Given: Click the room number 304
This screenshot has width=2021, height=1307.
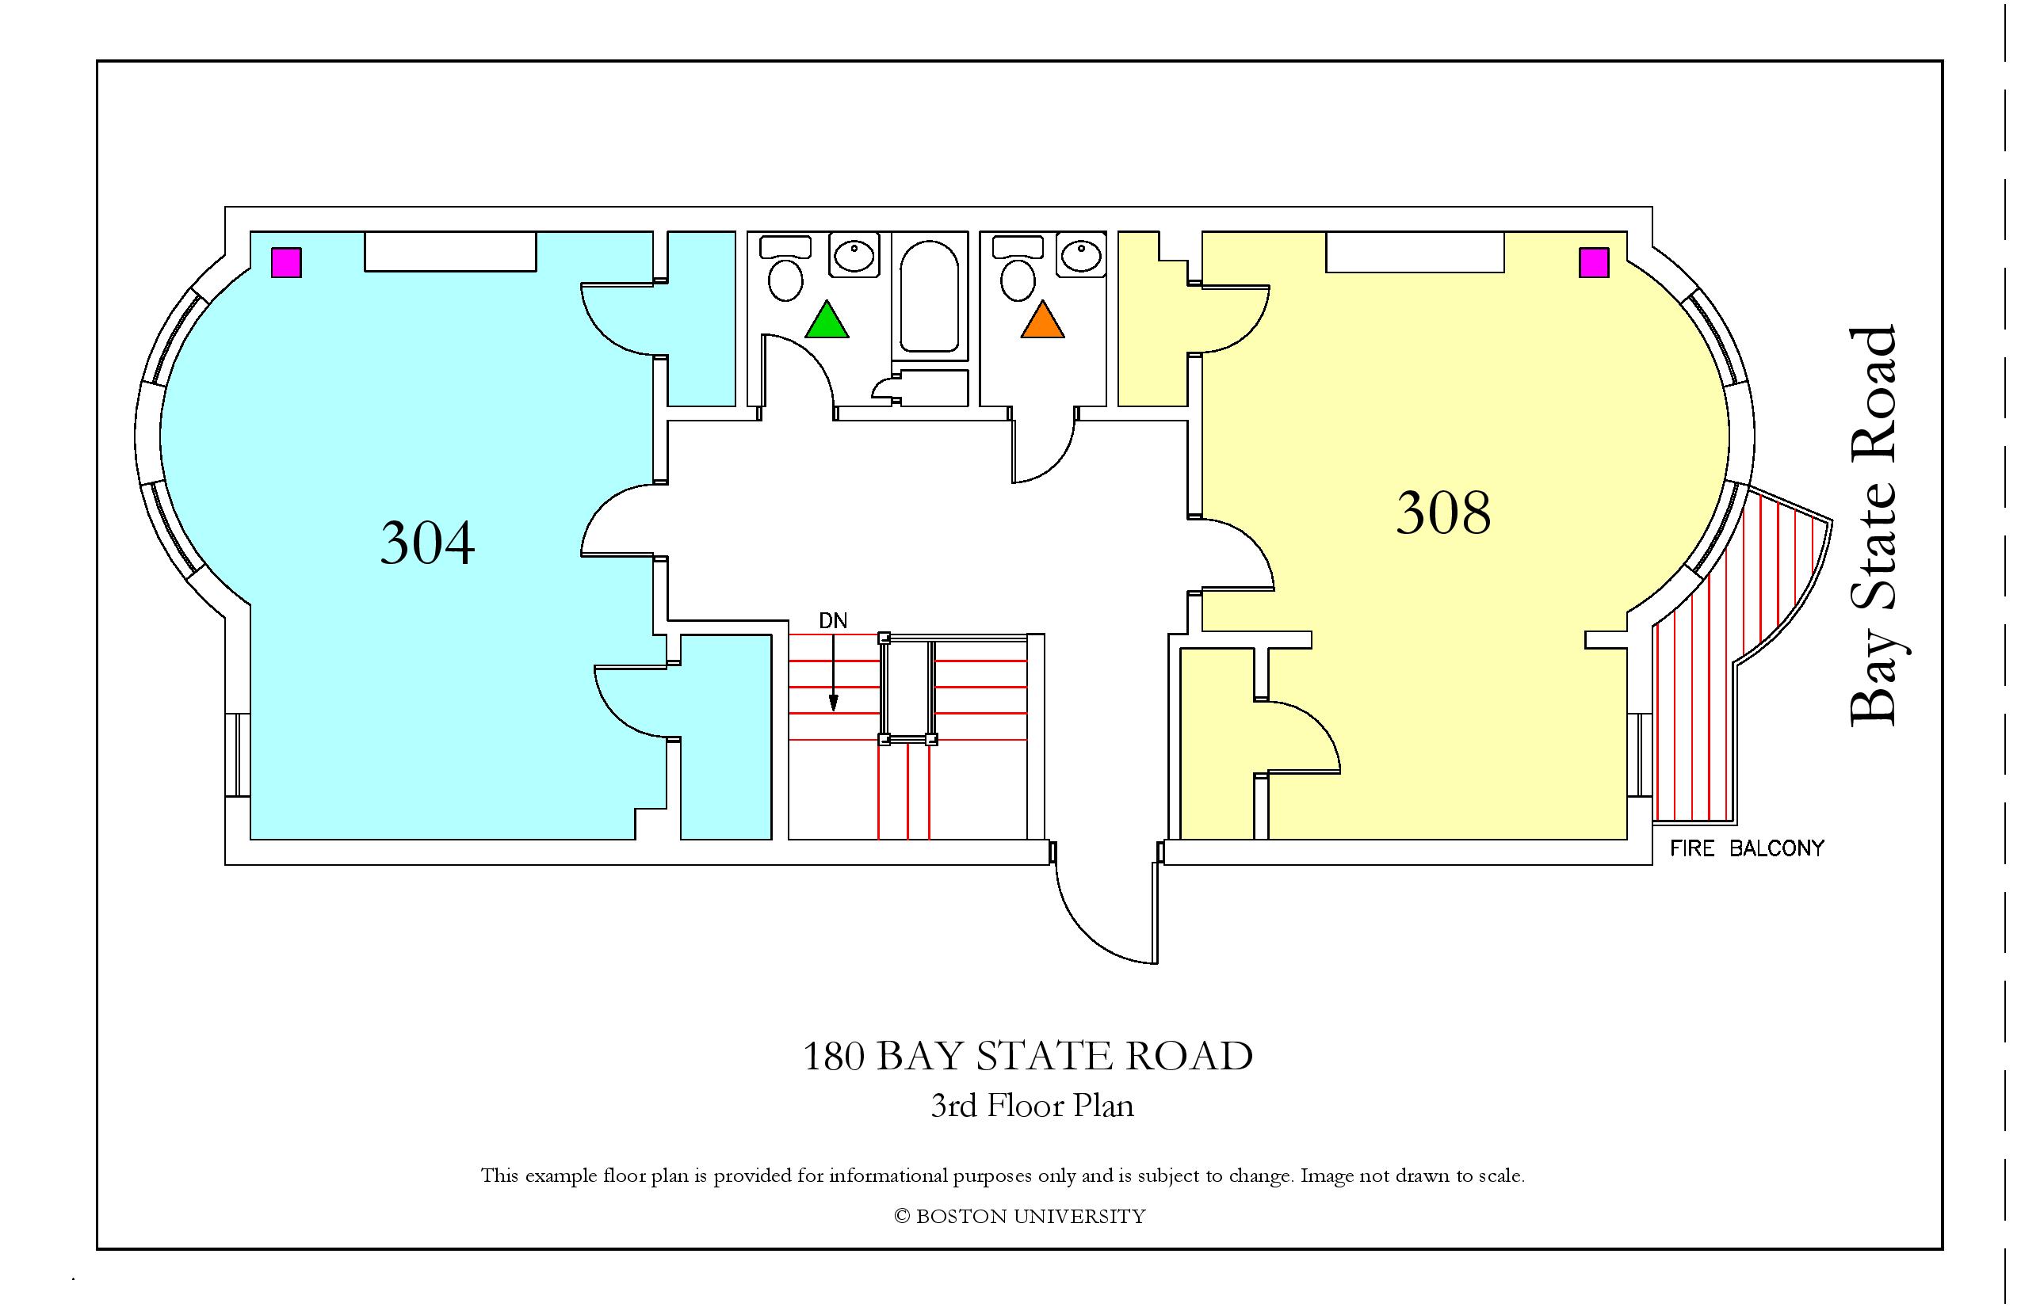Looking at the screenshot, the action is [x=427, y=543].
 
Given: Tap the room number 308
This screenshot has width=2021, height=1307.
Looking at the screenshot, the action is [x=1443, y=513].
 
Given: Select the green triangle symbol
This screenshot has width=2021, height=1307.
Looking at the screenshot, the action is [x=826, y=320].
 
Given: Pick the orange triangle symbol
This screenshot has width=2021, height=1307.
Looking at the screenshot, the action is [x=1042, y=320].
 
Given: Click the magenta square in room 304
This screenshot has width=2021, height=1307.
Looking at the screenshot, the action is [x=286, y=262].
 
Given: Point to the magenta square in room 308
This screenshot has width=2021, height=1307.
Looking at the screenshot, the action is [x=1594, y=262].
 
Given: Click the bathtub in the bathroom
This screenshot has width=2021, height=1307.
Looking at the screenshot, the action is [x=929, y=295].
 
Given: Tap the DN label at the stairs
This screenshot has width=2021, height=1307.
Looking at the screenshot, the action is [x=833, y=621].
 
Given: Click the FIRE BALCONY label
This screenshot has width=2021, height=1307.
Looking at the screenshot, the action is [x=1747, y=848].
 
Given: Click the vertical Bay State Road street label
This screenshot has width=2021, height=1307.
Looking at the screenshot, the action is [x=1872, y=526].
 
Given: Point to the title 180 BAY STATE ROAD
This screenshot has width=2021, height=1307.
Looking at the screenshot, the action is [x=1027, y=1056].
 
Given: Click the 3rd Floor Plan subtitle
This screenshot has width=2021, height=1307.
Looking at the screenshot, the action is [x=1033, y=1105].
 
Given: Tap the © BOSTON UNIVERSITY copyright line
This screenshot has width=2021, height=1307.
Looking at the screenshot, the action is [x=1020, y=1216].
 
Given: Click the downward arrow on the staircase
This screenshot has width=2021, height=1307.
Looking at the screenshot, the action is [x=834, y=673].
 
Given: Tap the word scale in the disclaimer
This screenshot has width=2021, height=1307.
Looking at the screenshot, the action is [x=1500, y=1176].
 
